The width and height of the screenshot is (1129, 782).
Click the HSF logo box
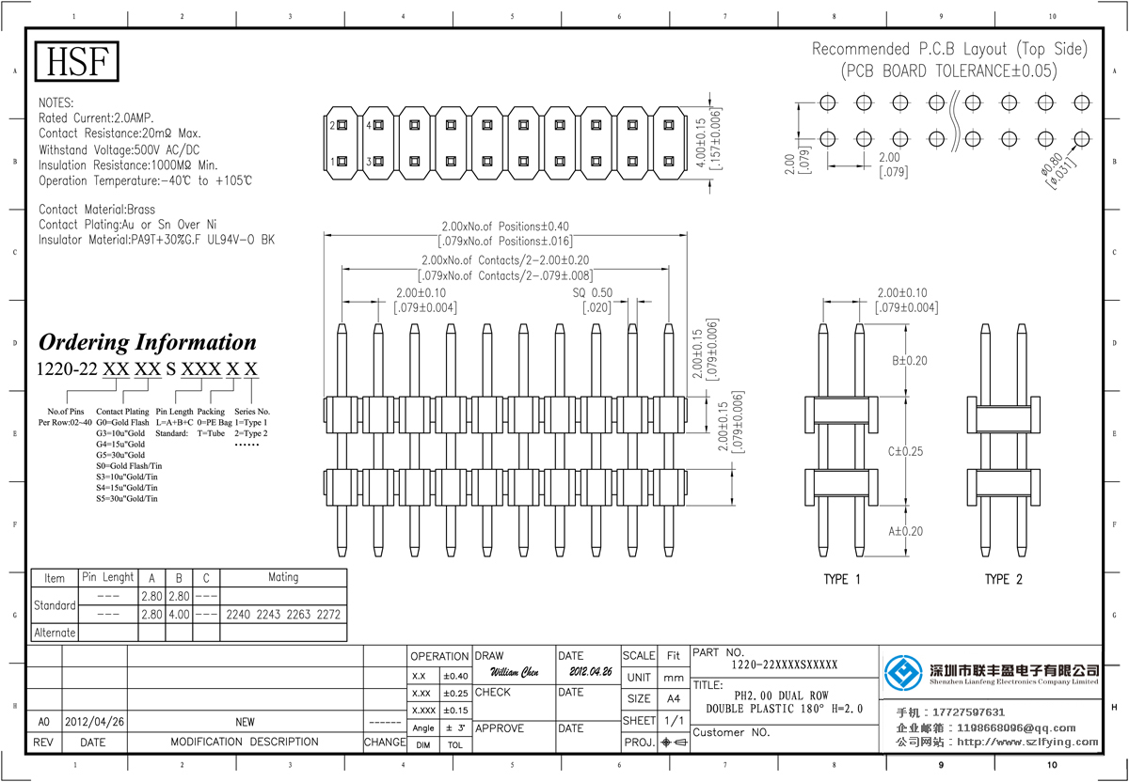coord(77,61)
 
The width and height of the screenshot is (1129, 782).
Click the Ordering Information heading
coord(147,342)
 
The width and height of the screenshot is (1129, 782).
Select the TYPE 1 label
coord(841,579)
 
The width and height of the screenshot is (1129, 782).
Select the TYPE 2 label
coord(1003,579)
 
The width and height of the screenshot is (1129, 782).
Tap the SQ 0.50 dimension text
coord(592,293)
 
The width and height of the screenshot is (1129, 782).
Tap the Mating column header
coord(283,577)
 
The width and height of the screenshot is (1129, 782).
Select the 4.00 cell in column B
coord(179,615)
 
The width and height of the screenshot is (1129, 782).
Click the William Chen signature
coord(515,673)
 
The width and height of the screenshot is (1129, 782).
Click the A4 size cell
coord(673,699)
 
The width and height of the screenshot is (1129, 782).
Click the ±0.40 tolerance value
coord(455,676)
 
